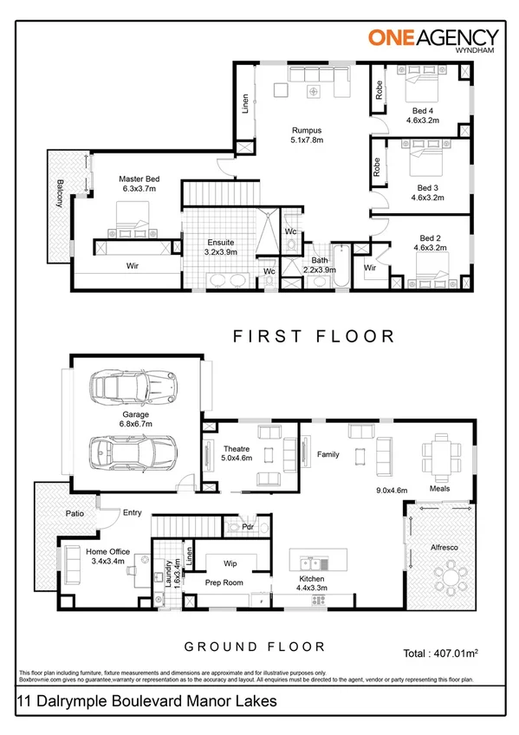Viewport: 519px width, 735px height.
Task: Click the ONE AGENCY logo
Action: pyautogui.click(x=433, y=39)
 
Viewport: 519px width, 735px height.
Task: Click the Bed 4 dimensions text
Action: pyautogui.click(x=425, y=122)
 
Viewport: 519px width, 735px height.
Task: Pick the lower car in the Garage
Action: pyautogui.click(x=134, y=451)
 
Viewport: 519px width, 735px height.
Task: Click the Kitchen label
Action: pyautogui.click(x=311, y=577)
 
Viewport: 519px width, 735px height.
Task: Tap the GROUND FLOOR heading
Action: pyautogui.click(x=255, y=647)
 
